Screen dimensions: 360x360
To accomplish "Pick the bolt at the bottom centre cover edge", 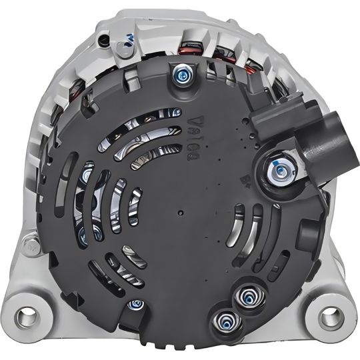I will [x=137, y=304].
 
